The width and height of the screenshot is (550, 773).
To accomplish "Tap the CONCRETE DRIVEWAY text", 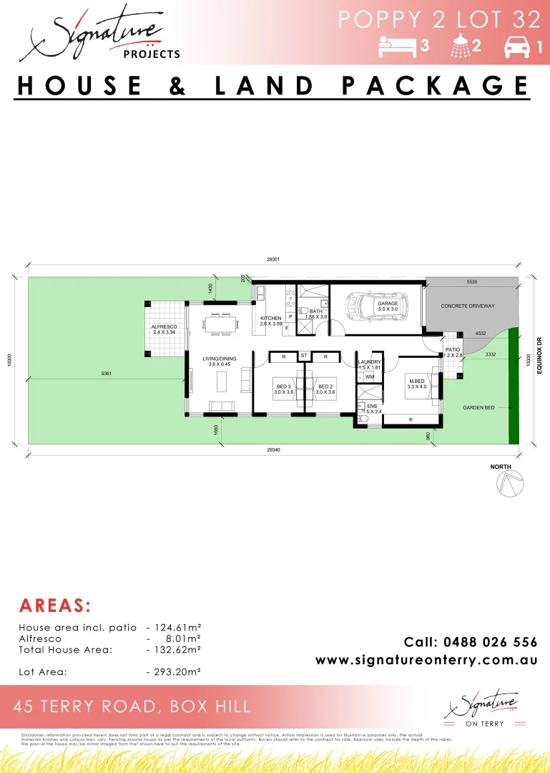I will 468,306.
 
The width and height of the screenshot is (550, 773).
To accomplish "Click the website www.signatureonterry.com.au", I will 426,660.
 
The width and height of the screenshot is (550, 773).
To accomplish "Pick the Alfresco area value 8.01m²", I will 184,638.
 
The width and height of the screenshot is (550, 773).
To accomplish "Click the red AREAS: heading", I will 54,606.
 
